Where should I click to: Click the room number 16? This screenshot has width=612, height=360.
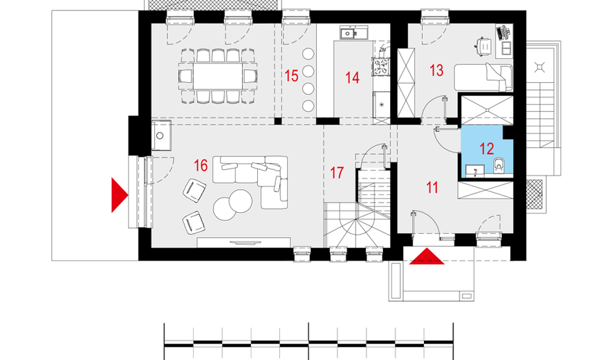tap(201, 166)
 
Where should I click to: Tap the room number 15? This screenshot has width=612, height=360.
tap(291, 76)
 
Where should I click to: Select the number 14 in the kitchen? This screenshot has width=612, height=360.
tap(352, 77)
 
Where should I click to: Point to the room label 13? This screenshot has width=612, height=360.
tap(436, 70)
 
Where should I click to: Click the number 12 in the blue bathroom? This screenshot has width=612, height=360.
tap(487, 149)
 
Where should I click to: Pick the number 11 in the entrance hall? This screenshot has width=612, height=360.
tap(432, 188)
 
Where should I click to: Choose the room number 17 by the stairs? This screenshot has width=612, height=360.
tap(337, 173)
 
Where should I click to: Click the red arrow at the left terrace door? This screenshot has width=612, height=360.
tap(120, 195)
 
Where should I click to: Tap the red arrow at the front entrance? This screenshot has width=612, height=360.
tap(427, 256)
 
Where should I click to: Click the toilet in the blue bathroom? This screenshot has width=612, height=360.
tap(499, 165)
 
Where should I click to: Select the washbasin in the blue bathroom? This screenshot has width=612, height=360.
tap(474, 171)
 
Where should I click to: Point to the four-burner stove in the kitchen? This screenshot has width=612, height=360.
tap(381, 66)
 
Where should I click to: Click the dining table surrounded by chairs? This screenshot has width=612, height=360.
tap(217, 76)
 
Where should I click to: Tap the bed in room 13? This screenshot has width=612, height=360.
tap(483, 77)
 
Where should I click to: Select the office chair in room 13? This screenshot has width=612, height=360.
tap(484, 46)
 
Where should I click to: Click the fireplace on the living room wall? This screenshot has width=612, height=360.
tap(161, 135)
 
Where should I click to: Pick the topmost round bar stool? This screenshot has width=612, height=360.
tap(308, 54)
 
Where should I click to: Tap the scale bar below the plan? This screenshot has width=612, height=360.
tap(308, 343)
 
